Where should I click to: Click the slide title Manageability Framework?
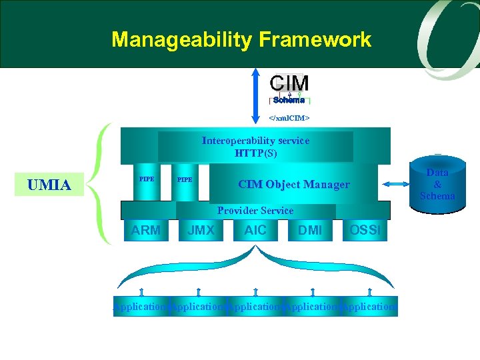coord(241,40)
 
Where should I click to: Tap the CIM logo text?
coord(289,83)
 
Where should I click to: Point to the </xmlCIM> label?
coord(289,118)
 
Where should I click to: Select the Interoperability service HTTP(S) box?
coord(255,147)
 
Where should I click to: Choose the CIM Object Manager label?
coord(293,185)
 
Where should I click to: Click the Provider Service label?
coord(255,211)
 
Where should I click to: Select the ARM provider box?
coord(146,231)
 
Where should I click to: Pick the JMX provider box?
coord(201,231)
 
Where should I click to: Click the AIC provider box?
coord(255,231)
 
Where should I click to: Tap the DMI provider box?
coord(310,231)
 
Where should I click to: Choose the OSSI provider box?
coord(365,231)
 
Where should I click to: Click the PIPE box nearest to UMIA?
coord(147,182)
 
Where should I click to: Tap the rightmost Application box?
coord(369,307)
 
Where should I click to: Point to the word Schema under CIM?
coord(289,100)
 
